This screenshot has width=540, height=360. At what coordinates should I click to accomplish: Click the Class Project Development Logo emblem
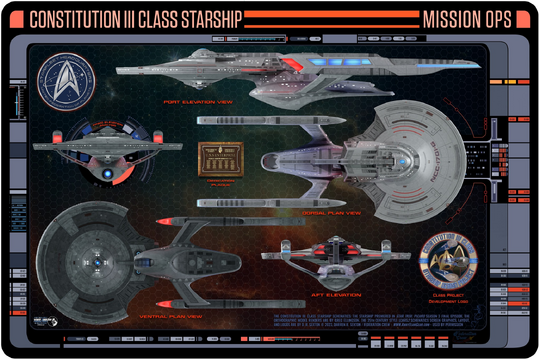point(462,261)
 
